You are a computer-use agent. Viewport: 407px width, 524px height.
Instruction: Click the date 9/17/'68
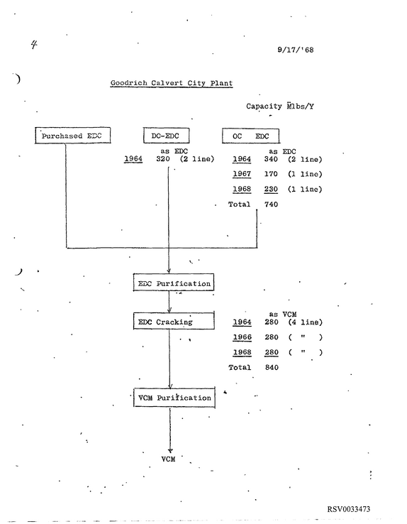click(296, 50)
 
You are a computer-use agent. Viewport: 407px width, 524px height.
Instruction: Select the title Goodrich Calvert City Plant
click(172, 83)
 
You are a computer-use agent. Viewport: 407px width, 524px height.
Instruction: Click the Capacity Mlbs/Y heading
click(280, 107)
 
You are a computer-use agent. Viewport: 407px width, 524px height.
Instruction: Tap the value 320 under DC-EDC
click(163, 159)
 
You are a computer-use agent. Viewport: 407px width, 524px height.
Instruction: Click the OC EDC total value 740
click(272, 204)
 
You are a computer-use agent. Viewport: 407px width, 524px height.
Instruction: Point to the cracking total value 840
click(272, 367)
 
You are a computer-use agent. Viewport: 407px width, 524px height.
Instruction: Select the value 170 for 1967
click(271, 174)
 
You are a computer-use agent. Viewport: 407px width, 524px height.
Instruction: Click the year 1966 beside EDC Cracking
click(242, 337)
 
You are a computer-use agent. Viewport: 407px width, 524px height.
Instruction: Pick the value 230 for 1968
click(271, 189)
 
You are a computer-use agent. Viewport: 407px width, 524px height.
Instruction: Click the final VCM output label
click(169, 459)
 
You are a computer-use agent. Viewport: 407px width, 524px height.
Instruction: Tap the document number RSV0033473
click(349, 509)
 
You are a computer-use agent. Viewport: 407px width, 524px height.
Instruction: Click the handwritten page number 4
click(34, 45)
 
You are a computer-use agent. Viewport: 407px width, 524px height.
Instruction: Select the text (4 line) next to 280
click(306, 322)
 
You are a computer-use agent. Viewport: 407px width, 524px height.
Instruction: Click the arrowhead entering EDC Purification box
click(169, 271)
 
